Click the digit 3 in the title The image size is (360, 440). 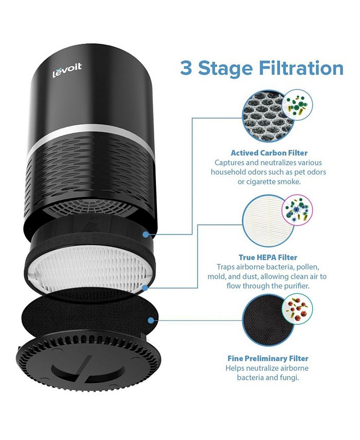click(x=186, y=68)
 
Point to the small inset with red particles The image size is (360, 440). click(x=297, y=309)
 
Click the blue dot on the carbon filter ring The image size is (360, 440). click(x=146, y=234)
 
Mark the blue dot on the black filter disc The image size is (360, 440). click(x=150, y=320)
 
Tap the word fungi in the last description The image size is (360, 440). click(x=288, y=378)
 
